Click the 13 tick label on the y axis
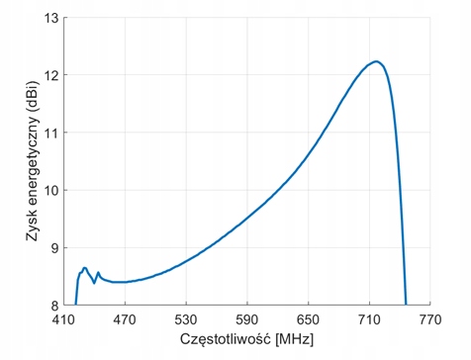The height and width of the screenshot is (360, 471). tap(51, 18)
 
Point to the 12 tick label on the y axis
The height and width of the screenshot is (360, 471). tap(51, 75)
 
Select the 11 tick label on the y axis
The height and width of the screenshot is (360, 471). tap(51, 133)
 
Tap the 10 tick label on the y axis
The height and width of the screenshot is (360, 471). tap(51, 190)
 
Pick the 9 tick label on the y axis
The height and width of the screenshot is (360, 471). tap(54, 248)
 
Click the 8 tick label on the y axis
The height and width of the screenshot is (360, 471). tap(54, 306)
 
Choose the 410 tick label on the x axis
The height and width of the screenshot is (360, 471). tap(63, 319)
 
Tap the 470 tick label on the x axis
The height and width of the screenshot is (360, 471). tap(125, 319)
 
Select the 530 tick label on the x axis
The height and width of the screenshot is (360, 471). tap(186, 319)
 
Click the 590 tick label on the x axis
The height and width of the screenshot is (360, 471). tap(247, 319)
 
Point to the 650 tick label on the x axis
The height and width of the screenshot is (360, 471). tap(308, 319)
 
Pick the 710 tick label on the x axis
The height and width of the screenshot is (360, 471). tap(369, 319)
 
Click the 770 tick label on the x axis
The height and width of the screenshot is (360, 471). tap(430, 319)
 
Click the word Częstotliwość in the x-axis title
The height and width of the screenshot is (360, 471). tap(226, 339)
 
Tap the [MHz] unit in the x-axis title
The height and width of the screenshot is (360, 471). tap(294, 339)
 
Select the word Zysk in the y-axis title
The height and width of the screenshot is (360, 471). tap(33, 227)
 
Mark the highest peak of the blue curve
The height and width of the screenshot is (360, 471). tap(376, 61)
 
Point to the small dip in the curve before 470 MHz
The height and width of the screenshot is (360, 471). tap(94, 283)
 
